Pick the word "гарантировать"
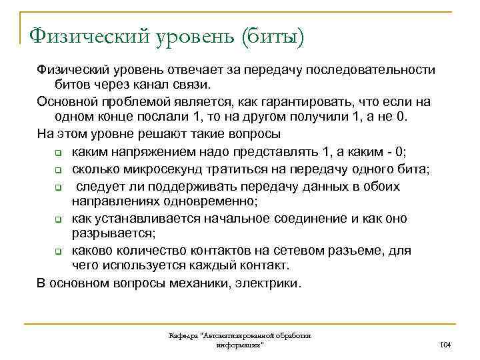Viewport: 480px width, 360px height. pyautogui.click(x=313, y=101)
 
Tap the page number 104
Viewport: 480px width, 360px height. pyautogui.click(x=446, y=344)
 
